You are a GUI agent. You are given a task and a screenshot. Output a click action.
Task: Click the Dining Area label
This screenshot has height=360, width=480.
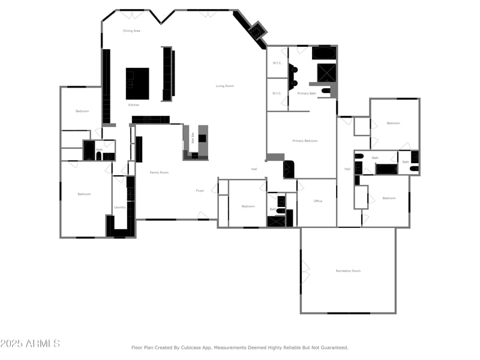pos(131,31)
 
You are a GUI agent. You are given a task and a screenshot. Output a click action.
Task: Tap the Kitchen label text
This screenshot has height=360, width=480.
pos(134,105)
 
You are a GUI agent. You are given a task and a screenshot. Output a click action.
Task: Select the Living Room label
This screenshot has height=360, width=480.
pos(224,86)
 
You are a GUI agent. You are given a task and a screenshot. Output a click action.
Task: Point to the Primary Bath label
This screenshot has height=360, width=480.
pos(307,94)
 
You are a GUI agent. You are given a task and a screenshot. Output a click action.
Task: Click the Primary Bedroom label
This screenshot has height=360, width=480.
pos(305,141)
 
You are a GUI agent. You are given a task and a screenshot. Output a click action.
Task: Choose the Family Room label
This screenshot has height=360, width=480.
pos(159,172)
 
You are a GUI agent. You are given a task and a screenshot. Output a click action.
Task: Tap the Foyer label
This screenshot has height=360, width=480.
pos(200,191)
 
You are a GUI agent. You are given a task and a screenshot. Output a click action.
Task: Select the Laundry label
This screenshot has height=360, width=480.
pos(119,208)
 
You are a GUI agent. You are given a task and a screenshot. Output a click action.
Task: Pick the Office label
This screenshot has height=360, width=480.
pos(317,201)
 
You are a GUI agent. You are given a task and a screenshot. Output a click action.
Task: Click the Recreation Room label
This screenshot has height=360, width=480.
pos(348,271)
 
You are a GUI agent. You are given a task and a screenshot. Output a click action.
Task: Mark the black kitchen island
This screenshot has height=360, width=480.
pos(137,83)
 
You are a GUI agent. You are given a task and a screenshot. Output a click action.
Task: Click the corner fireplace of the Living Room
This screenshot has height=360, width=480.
pos(258,31)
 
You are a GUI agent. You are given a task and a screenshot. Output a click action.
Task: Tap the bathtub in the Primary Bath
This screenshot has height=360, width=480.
pos(324,53)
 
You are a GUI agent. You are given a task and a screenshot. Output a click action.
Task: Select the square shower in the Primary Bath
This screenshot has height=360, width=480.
pos(326,73)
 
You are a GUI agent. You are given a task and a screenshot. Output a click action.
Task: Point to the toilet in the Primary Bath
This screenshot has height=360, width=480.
pos(326,91)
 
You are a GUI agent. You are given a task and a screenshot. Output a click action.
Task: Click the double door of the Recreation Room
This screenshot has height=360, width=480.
pos(305,271)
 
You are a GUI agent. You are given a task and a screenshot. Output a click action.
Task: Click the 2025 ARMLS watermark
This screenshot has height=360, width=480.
pos(30,344)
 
